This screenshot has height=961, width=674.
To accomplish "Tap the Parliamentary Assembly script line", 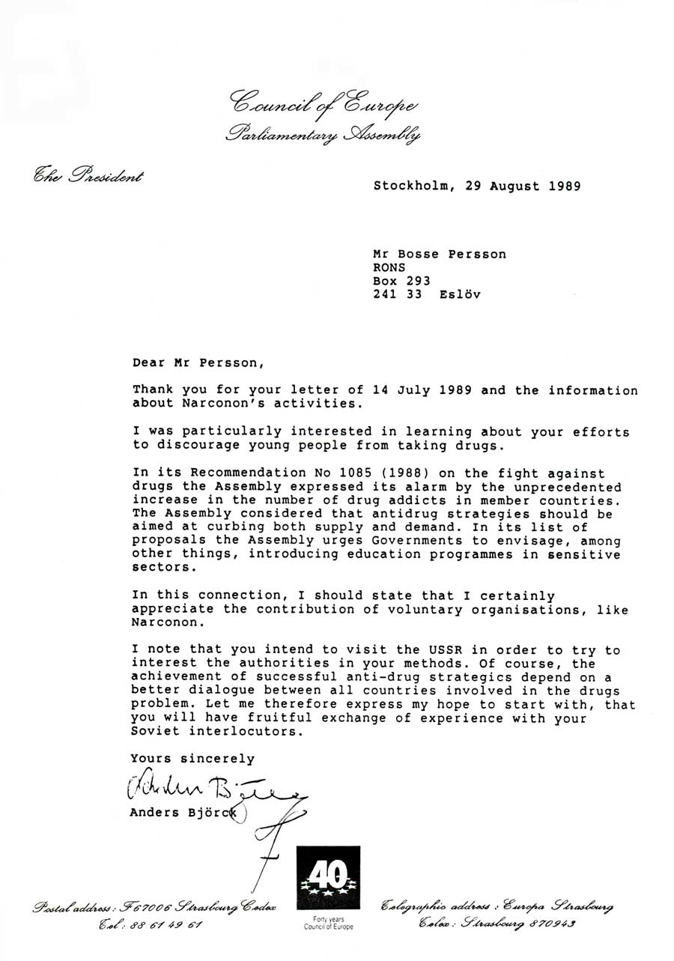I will click(x=323, y=136).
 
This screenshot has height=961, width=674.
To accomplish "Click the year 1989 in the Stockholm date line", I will click(x=559, y=187).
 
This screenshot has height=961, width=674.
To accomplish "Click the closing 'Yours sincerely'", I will click(x=192, y=758).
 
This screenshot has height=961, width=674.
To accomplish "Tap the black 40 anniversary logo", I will click(x=328, y=879).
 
